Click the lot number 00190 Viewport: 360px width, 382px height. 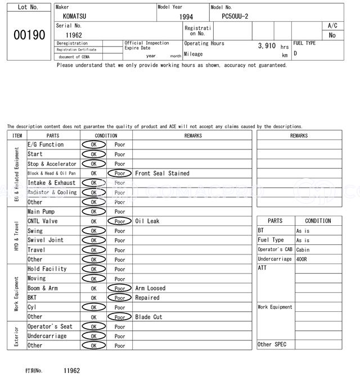click(x=29, y=35)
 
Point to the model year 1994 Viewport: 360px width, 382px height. click(x=186, y=17)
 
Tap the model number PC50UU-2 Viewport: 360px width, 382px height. click(x=238, y=16)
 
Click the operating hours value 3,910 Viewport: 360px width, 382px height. click(x=267, y=46)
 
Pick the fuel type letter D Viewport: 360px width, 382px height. click(x=295, y=53)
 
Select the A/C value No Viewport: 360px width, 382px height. click(x=332, y=35)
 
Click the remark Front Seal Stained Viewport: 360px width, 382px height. click(x=162, y=174)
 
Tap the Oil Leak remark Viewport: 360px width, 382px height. click(x=147, y=221)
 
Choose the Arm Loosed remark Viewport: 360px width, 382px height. click(x=150, y=288)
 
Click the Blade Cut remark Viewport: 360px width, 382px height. click(x=148, y=317)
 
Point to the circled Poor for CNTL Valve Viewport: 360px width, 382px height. click(x=119, y=221)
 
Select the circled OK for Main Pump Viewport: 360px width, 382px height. click(x=93, y=212)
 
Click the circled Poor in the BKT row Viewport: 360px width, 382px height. click(x=119, y=298)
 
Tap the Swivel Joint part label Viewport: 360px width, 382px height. click(x=46, y=240)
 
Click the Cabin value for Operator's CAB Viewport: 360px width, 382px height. click(x=303, y=250)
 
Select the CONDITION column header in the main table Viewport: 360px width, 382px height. click(x=106, y=135)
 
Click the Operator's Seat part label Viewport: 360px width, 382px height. click(x=50, y=326)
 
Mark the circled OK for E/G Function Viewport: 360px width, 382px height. click(x=93, y=145)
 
